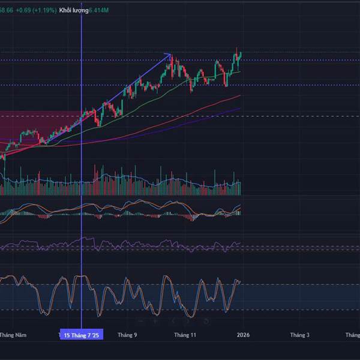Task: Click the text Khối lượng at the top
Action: coord(73,10)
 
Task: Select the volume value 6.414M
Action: coord(100,10)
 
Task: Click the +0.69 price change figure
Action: coord(24,10)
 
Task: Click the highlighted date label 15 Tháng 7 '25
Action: coord(81,335)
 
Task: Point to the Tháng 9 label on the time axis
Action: coord(127,335)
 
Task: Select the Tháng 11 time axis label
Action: coord(185,335)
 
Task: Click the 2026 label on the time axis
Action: coord(242,335)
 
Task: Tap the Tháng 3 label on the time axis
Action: coord(299,335)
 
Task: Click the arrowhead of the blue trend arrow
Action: coord(169,55)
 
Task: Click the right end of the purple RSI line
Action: coord(240,243)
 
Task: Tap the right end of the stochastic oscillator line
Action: coord(240,281)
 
